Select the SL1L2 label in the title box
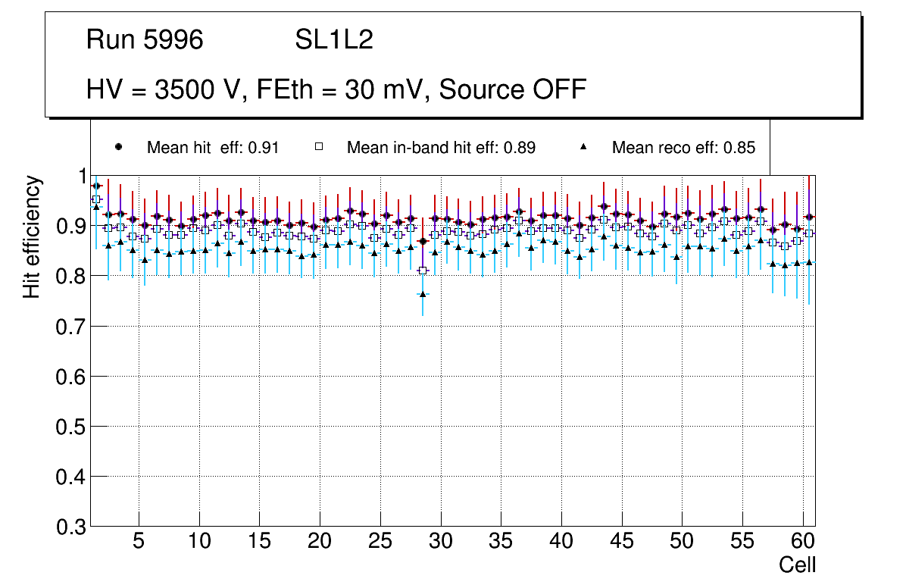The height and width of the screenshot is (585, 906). [x=334, y=40]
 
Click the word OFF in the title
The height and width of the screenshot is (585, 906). [x=560, y=89]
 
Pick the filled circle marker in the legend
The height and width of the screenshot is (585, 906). [x=118, y=147]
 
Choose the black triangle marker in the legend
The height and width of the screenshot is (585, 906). [x=584, y=147]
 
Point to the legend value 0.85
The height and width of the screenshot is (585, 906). [x=739, y=148]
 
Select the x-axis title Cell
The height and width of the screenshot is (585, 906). [x=797, y=565]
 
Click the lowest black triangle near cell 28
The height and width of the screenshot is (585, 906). [x=423, y=294]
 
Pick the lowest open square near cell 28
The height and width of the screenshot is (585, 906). [x=423, y=271]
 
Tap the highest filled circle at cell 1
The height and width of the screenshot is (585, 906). [x=96, y=186]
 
